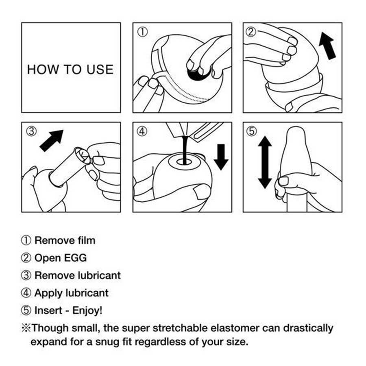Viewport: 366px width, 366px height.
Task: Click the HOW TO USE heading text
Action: (70, 69)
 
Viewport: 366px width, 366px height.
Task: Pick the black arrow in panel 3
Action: (52, 140)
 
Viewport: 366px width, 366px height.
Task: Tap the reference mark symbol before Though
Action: (25, 328)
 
